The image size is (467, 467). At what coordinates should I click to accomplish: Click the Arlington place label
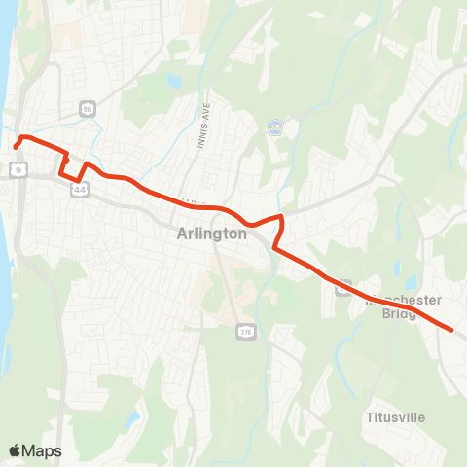212,233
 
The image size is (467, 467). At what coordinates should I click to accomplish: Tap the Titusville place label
394,417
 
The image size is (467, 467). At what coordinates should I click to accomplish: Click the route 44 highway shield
78,190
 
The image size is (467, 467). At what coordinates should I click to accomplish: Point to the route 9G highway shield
88,109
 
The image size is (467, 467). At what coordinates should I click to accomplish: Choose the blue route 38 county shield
275,126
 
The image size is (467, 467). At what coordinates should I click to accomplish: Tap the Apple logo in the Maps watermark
15,450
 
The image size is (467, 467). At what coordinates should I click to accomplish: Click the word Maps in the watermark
43,450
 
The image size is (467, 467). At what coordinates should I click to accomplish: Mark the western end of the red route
16,147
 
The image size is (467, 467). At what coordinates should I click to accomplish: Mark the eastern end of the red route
452,330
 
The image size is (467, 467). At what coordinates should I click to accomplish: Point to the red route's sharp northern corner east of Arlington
280,216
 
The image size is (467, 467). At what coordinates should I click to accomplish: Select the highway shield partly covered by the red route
342,287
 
